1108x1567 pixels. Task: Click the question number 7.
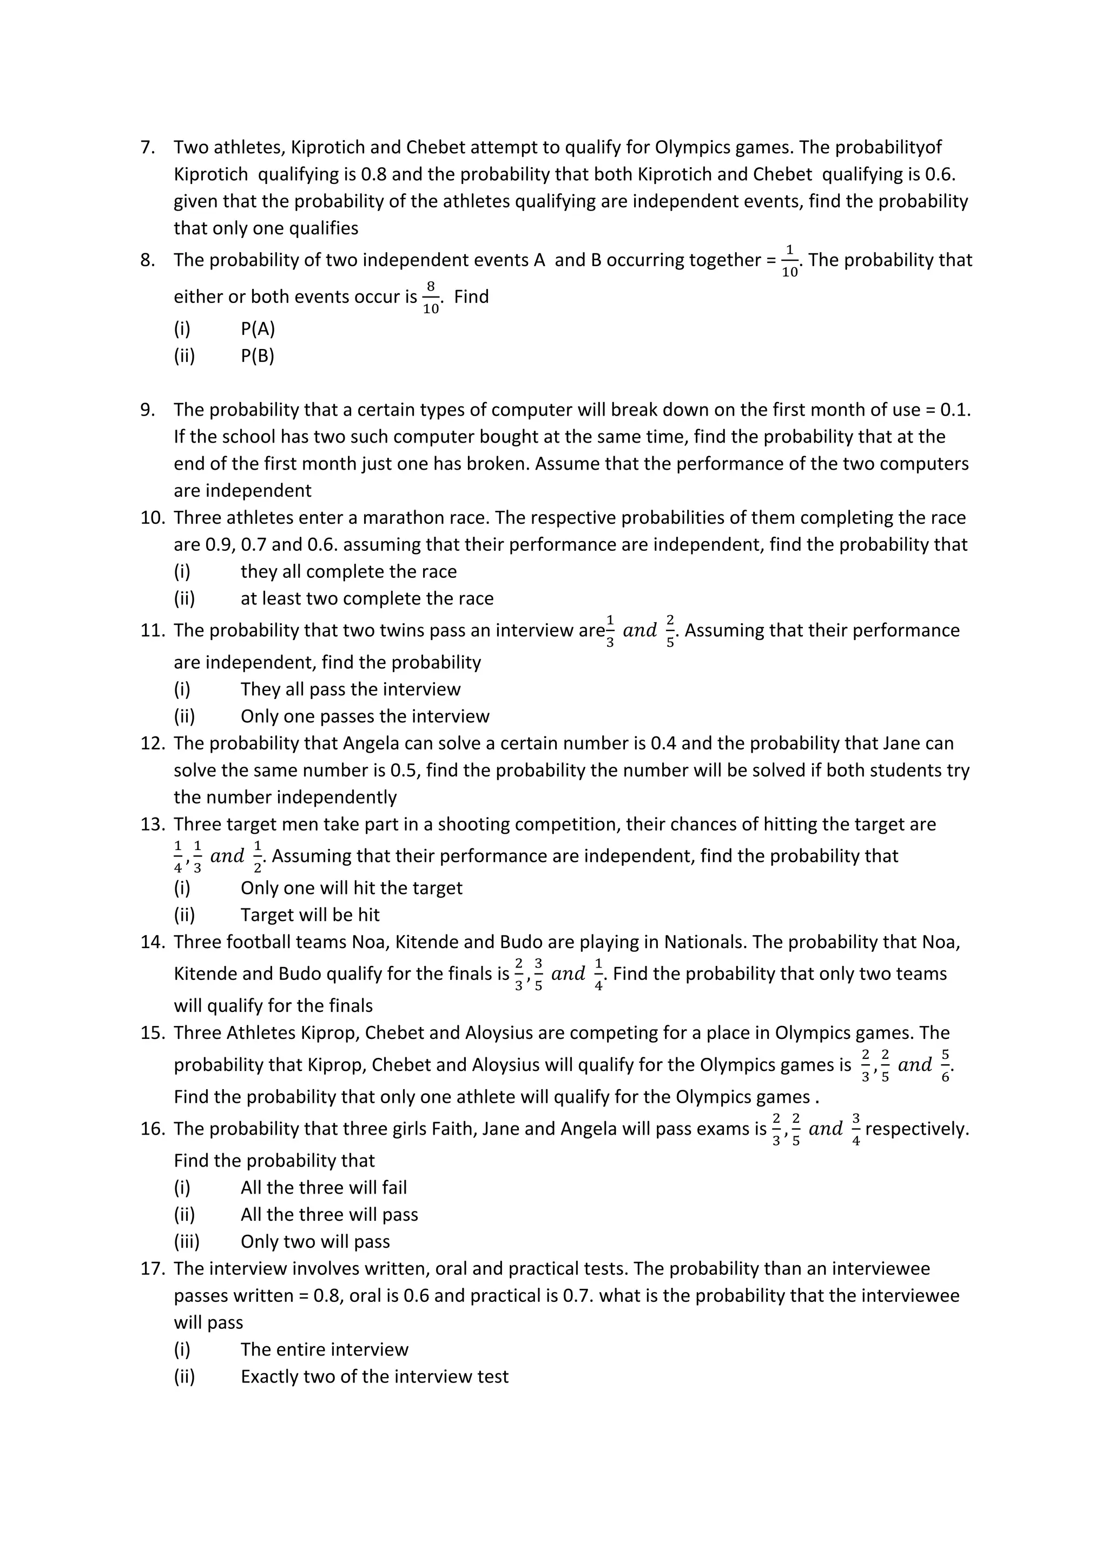[x=147, y=147]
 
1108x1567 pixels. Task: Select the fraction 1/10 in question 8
[x=789, y=261]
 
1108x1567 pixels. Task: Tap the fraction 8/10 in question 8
[x=431, y=298]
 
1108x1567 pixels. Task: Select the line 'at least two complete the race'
[x=366, y=598]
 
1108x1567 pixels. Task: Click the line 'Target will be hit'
[x=310, y=914]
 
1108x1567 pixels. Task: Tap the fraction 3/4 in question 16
[x=856, y=1129]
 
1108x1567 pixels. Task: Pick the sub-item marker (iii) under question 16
[x=186, y=1241]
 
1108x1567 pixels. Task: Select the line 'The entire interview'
[x=324, y=1349]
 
